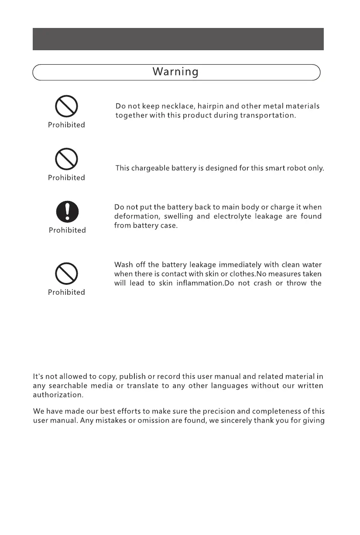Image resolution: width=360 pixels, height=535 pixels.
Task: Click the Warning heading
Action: point(175,72)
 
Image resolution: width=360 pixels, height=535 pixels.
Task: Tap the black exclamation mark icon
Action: point(67,212)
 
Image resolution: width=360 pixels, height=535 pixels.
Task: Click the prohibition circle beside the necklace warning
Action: point(66,107)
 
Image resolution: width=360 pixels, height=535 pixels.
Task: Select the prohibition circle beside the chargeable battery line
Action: point(66,159)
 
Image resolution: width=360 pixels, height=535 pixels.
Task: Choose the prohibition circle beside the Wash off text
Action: point(66,274)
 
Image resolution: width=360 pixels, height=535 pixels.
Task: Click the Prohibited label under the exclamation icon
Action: point(67,230)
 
